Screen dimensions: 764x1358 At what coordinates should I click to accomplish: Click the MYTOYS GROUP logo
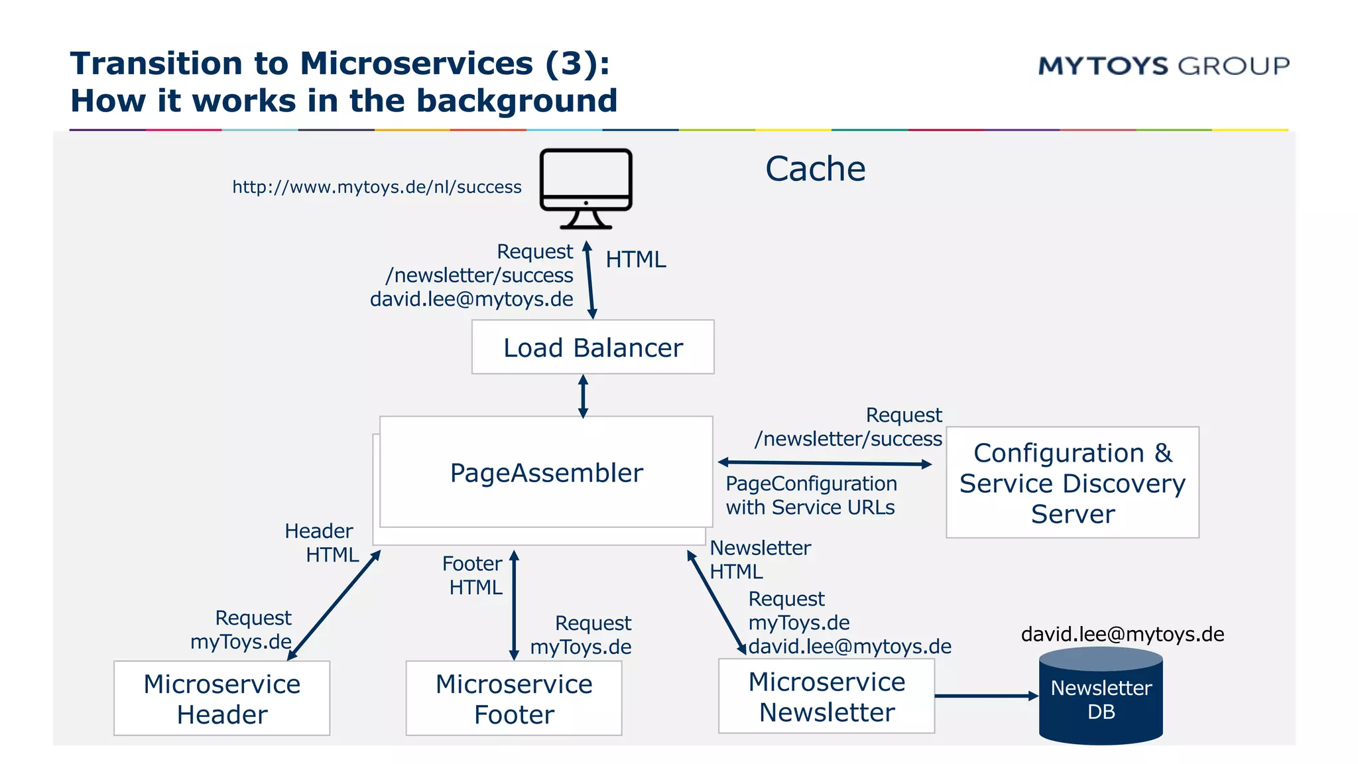[x=1163, y=66]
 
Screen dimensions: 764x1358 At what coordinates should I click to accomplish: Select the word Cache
[x=815, y=168]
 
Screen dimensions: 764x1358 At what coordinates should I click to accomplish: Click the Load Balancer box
[x=593, y=348]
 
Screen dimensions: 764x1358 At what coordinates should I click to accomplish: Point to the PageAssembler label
[x=546, y=473]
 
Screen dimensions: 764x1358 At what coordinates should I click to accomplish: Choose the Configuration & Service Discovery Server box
[x=1072, y=483]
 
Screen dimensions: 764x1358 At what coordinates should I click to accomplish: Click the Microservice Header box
[x=221, y=698]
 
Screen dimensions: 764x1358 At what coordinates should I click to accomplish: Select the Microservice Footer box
[x=514, y=698]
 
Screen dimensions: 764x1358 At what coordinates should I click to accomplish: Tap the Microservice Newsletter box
[x=826, y=696]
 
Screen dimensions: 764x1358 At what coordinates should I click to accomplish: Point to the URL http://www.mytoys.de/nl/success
[x=377, y=187]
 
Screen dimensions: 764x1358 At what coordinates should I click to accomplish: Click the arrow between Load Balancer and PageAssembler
[x=583, y=396]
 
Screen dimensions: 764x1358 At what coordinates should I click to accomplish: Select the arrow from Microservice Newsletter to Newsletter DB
[x=985, y=696]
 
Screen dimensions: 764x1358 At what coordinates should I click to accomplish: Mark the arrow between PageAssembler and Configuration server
[x=825, y=463]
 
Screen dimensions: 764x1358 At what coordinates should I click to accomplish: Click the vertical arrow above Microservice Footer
[x=514, y=605]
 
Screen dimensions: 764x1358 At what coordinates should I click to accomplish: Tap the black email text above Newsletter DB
[x=1122, y=634]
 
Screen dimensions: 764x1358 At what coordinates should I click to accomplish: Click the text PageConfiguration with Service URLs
[x=810, y=495]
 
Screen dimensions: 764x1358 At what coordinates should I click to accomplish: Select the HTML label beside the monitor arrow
[x=635, y=259]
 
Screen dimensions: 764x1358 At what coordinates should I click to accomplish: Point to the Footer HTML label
[x=473, y=575]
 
